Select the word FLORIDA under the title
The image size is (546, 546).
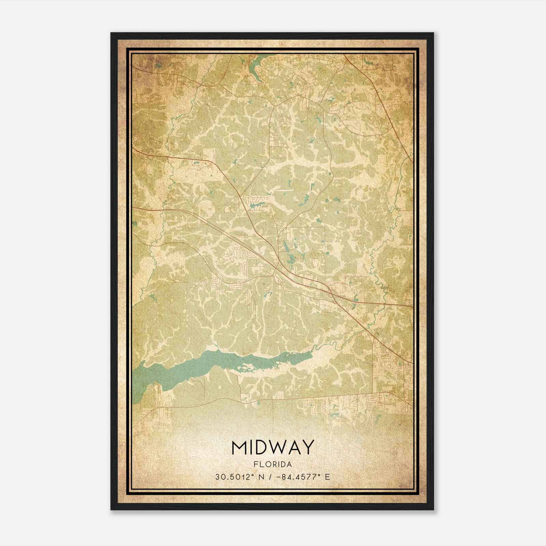click(272, 464)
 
